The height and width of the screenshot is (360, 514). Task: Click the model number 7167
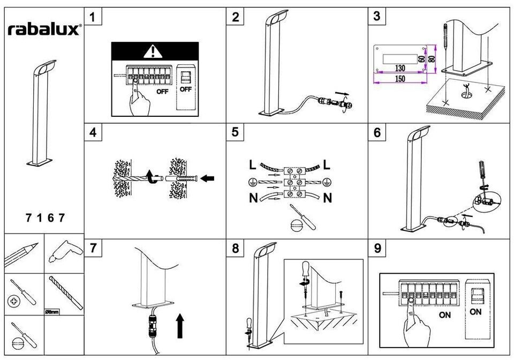click(x=45, y=217)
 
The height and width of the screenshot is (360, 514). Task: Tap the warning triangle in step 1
click(x=153, y=51)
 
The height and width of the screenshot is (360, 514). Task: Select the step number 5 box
click(x=235, y=132)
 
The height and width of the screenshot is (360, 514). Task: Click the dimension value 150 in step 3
click(x=400, y=79)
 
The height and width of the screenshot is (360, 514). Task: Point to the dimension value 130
click(x=400, y=68)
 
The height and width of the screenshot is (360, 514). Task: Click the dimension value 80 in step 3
click(x=432, y=59)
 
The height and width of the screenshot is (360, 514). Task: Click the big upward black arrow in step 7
click(x=180, y=326)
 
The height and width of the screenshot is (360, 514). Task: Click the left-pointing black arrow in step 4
click(x=207, y=178)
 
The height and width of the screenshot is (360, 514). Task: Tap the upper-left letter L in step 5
click(x=252, y=165)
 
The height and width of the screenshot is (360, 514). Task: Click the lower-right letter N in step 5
click(x=328, y=198)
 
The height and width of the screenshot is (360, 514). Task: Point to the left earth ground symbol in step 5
click(x=252, y=182)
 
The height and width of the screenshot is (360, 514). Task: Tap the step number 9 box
click(x=377, y=248)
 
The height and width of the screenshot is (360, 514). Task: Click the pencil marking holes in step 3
click(x=445, y=36)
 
